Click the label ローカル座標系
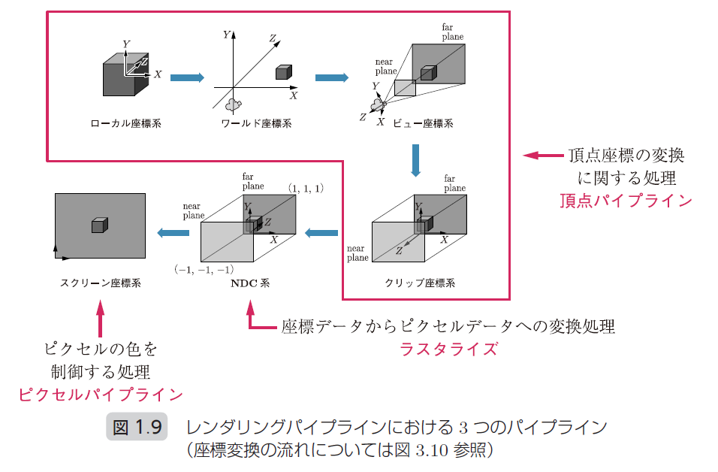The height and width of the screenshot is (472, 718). point(125,124)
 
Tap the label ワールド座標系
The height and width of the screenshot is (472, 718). point(257,124)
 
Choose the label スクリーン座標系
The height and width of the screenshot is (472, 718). point(100,283)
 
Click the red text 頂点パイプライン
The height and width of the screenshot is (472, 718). point(626,201)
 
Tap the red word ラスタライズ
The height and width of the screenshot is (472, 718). point(448,349)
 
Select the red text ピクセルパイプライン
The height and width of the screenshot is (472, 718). point(100,394)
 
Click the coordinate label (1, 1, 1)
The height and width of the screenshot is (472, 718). point(306,188)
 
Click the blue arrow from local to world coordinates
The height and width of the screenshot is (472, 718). point(188,77)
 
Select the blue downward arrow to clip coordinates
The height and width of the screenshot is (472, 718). point(415,160)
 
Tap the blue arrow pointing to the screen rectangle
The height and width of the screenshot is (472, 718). point(173,233)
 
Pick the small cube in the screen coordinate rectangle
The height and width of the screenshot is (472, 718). point(99,225)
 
